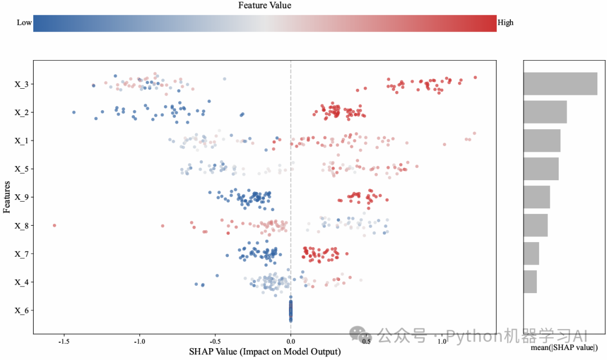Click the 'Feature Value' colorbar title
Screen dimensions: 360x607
point(265,6)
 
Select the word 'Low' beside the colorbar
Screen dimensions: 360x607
point(24,22)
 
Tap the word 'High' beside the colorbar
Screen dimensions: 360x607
point(505,22)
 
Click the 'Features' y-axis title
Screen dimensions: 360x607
point(7,197)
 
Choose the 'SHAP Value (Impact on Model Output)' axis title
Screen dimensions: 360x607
point(265,352)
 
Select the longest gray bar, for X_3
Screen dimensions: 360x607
point(560,84)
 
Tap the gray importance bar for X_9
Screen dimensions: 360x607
point(537,197)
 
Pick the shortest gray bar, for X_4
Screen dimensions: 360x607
point(530,281)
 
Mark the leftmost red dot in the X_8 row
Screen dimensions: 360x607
point(55,225)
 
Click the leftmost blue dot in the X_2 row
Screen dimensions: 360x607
point(74,112)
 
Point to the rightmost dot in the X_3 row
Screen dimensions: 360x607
point(475,78)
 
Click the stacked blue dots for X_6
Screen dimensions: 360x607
point(291,310)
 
